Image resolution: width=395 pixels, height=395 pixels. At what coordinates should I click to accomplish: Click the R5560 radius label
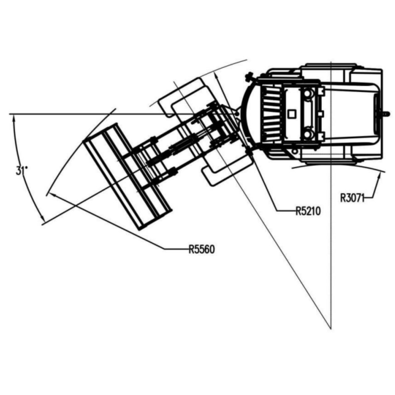coord(202,249)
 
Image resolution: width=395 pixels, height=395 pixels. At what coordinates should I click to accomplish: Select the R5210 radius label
coord(308,211)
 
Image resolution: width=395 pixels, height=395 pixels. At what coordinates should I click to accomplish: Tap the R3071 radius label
coord(353,198)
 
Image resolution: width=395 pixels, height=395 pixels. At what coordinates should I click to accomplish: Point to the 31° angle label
coord(22,171)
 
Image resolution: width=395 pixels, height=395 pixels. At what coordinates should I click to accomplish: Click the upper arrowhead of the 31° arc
coord(14,119)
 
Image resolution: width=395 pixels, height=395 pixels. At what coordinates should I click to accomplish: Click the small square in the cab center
coord(291,114)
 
